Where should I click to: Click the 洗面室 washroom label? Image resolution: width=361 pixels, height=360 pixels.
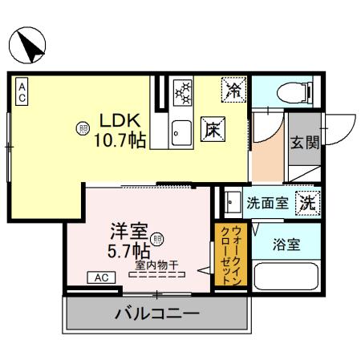[268, 204]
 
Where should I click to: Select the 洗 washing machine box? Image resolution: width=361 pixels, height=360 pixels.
[307, 204]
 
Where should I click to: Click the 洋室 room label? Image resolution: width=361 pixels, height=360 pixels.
[128, 232]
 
